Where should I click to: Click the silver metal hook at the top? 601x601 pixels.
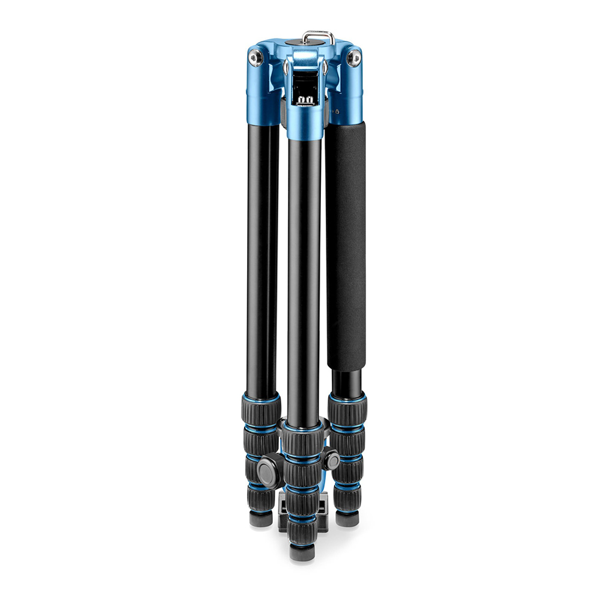(319, 37)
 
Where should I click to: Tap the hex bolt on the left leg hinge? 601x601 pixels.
(255, 58)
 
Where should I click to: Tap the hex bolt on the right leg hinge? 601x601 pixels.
(355, 58)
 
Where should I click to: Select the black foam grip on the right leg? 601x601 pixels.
(346, 246)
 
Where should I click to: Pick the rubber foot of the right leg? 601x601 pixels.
(347, 519)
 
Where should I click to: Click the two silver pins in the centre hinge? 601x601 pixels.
(307, 99)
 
